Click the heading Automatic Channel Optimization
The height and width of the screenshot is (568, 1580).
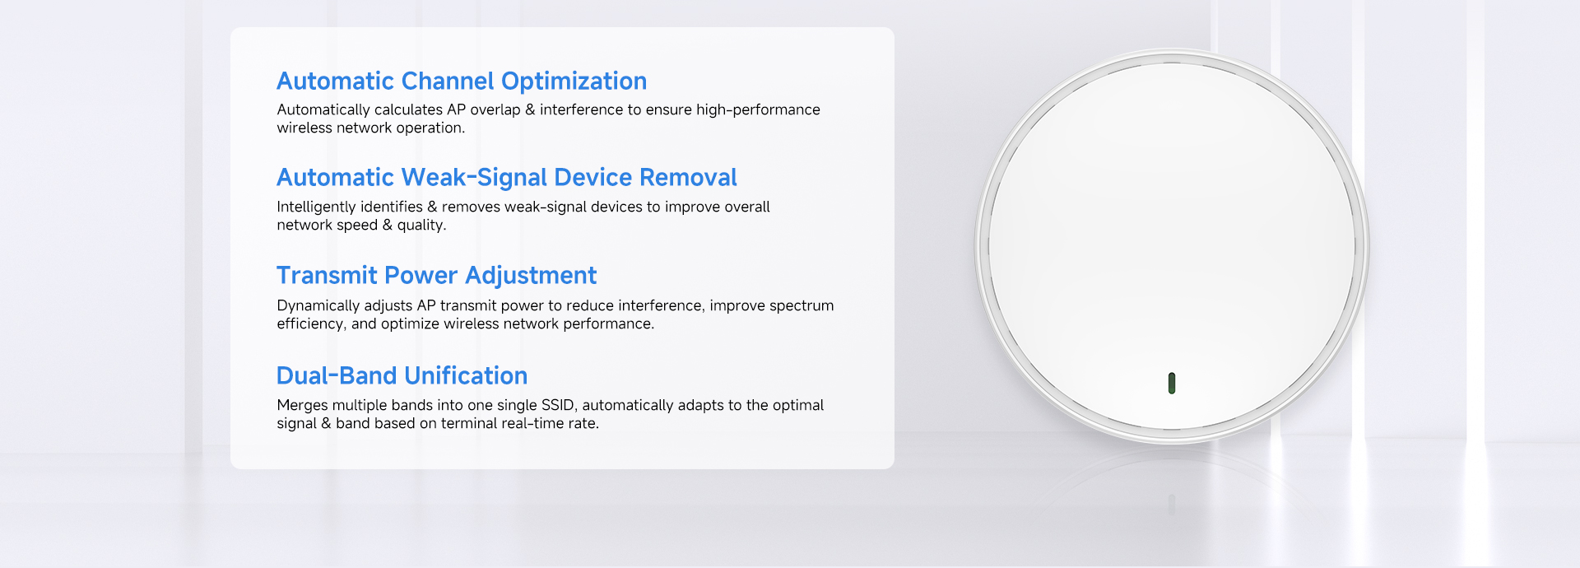click(462, 81)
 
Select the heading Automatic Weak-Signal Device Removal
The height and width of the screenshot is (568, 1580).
click(507, 178)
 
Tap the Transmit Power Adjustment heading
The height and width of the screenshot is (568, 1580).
click(437, 276)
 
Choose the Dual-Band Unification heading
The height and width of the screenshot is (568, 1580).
click(402, 375)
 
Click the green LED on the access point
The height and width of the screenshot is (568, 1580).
click(1171, 383)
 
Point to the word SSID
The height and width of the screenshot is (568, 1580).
click(557, 405)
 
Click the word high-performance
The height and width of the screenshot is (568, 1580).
click(758, 110)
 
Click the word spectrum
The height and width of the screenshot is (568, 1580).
click(802, 306)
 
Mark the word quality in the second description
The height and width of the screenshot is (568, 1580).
click(420, 226)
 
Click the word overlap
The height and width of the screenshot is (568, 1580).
click(495, 110)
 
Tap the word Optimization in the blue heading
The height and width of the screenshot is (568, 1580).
click(574, 81)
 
